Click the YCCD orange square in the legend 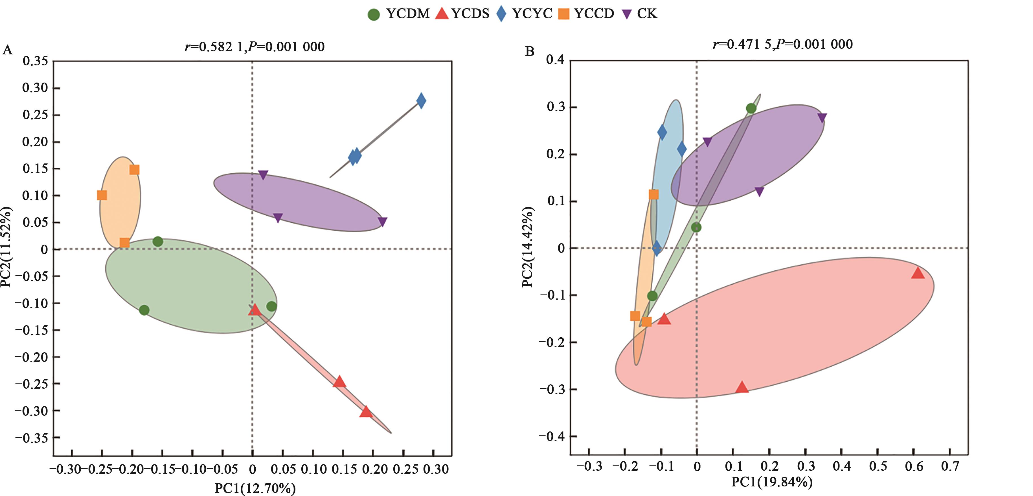pos(564,14)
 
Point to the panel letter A pos(7,50)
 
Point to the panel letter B pos(529,51)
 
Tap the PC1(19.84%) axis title pos(771,481)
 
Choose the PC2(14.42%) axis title pos(527,247)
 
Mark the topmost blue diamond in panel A pos(421,101)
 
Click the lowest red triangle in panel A pos(365,411)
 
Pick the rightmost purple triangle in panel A pos(382,222)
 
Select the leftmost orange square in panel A pos(102,195)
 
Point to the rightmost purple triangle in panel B pos(822,118)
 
